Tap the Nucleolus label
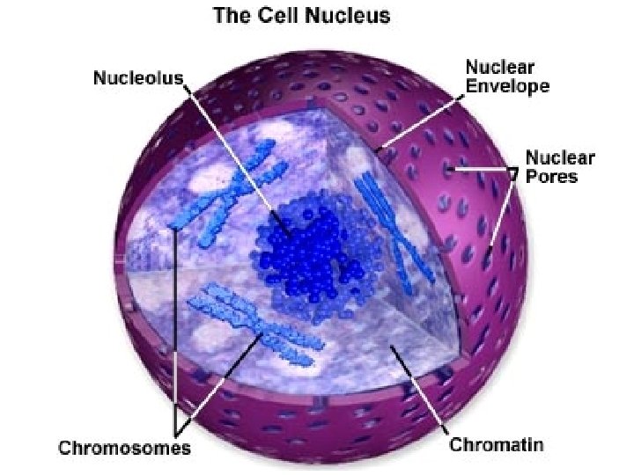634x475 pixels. tap(138, 77)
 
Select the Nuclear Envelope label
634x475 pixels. tap(506, 77)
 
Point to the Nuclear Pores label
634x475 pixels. tap(560, 167)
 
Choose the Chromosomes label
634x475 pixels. tap(124, 448)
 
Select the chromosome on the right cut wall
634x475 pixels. tap(392, 229)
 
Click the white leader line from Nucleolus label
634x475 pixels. tap(233, 150)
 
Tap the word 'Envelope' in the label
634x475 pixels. tap(506, 86)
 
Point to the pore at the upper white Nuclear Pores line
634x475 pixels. tap(450, 167)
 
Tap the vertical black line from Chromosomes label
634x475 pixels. tap(175, 334)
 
